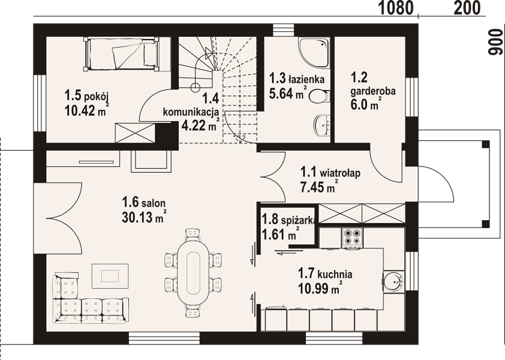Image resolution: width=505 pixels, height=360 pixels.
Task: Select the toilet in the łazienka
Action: [x=320, y=96]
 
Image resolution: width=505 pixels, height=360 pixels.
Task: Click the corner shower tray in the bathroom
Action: [x=314, y=53]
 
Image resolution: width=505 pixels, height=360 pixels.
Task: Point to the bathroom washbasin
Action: [x=321, y=124]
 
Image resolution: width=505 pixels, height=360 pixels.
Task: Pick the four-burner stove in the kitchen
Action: [x=352, y=238]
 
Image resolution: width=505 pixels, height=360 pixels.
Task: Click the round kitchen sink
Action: [x=393, y=281]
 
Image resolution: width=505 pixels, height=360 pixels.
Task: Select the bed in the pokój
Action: [x=122, y=54]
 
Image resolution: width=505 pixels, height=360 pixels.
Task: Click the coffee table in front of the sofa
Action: [x=110, y=276]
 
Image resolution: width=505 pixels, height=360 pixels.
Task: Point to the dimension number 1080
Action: [x=395, y=8]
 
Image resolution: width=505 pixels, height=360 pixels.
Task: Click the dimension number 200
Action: [x=467, y=8]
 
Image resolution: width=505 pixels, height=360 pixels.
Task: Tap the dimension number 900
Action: [x=495, y=42]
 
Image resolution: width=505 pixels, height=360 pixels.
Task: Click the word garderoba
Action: [x=373, y=92]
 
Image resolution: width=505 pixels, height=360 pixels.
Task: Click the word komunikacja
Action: [x=191, y=112]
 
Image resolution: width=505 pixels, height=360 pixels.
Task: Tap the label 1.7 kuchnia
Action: [x=325, y=274]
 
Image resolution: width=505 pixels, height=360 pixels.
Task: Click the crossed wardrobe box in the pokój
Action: [x=136, y=133]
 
